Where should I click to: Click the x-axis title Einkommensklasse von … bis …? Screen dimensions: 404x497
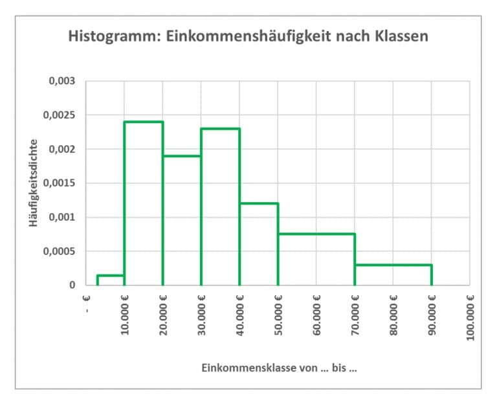[x=279, y=368]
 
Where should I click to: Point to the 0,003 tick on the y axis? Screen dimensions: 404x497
[x=62, y=82]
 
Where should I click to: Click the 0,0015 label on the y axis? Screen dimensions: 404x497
[x=60, y=183]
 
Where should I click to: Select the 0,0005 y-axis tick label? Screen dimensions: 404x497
[x=60, y=251]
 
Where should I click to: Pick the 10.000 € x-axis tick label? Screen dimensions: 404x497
[x=125, y=315]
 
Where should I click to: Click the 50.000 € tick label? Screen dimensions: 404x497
[x=278, y=315]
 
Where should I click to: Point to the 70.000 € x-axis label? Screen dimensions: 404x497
[x=355, y=315]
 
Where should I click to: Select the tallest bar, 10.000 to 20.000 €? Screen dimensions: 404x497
[x=143, y=203]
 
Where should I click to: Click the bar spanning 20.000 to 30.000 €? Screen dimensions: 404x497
[x=182, y=220]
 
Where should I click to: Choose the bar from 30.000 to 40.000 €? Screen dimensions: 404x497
[x=220, y=207]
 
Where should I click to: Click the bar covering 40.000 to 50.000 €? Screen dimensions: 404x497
[x=259, y=244]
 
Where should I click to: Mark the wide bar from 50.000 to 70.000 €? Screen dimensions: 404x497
[x=316, y=259]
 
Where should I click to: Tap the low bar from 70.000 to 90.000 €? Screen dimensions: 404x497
[x=393, y=275]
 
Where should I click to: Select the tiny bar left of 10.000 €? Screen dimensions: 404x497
[x=111, y=280]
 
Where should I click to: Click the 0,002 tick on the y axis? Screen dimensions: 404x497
[x=62, y=150]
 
